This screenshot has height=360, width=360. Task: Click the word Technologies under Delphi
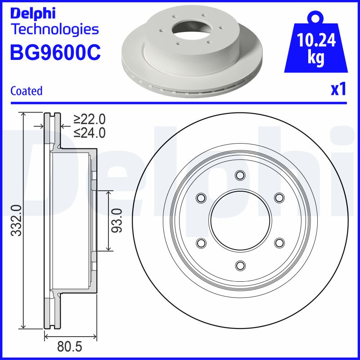[x=54, y=30]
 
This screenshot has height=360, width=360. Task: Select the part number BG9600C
[x=55, y=53]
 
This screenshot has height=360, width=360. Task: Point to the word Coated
[x=26, y=91]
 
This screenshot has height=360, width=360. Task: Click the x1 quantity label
[x=339, y=90]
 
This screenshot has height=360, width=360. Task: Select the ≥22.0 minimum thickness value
[x=90, y=119]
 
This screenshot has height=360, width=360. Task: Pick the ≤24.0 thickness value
[x=90, y=133]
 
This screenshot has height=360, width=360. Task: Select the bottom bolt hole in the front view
[x=240, y=265]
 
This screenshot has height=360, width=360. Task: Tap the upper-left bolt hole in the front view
[x=201, y=198]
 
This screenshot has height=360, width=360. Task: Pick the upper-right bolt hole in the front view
[x=279, y=198]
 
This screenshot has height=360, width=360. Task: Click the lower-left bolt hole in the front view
[x=201, y=243]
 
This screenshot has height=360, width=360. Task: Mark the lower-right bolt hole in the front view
[x=279, y=243]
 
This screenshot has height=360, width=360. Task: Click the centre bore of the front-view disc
[x=240, y=220]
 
